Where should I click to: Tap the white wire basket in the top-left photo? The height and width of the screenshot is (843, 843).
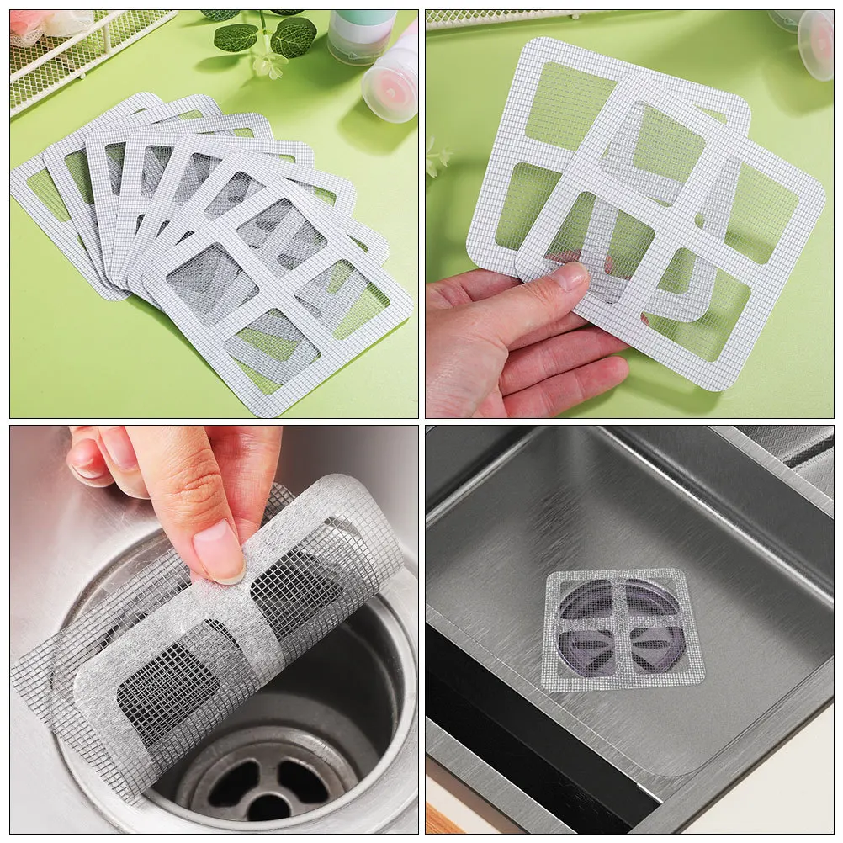tap(76, 50)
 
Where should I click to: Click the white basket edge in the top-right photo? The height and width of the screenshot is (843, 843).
tap(505, 17)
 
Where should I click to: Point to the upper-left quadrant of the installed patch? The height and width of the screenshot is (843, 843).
tap(586, 599)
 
